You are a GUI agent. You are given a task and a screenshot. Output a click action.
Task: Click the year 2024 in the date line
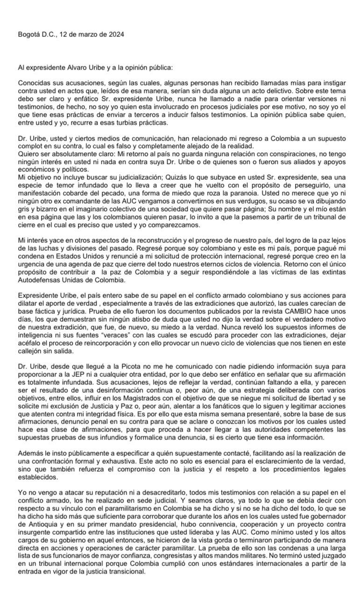click(116, 34)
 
